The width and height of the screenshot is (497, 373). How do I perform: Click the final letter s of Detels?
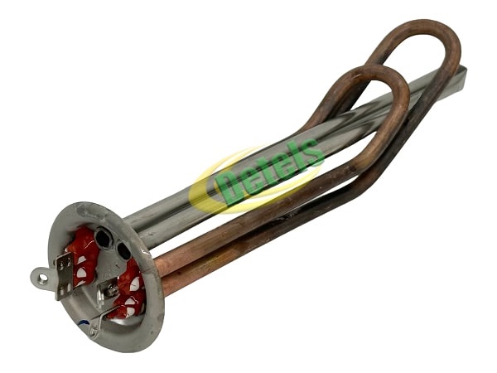click(x=313, y=152)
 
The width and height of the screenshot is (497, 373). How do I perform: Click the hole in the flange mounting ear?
click(x=43, y=279)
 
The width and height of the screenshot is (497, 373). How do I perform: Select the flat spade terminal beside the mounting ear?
click(x=65, y=276)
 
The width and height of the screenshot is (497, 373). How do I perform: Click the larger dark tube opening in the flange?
click(x=103, y=238)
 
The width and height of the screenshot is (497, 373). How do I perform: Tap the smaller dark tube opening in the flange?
click(x=123, y=250)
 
